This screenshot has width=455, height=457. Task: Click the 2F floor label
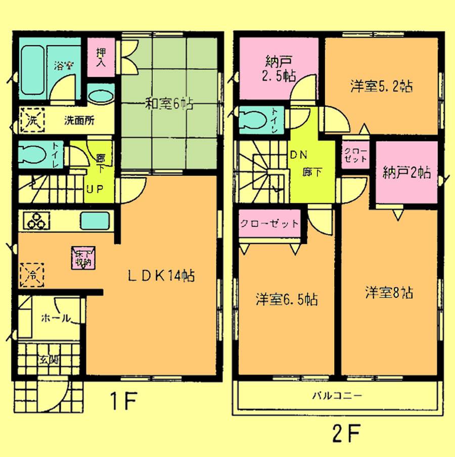pos(346,433)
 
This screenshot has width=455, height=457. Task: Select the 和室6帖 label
pos(162,105)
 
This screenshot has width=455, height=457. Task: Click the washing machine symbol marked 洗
pos(32,121)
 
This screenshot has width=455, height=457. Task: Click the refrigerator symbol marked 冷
pos(31,276)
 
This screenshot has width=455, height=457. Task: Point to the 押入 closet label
pos(100,58)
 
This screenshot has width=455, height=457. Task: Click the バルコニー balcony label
pos(337,396)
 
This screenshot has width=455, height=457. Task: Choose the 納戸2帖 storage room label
pos(406,173)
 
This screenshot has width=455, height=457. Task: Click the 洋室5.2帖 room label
pos(382,86)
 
